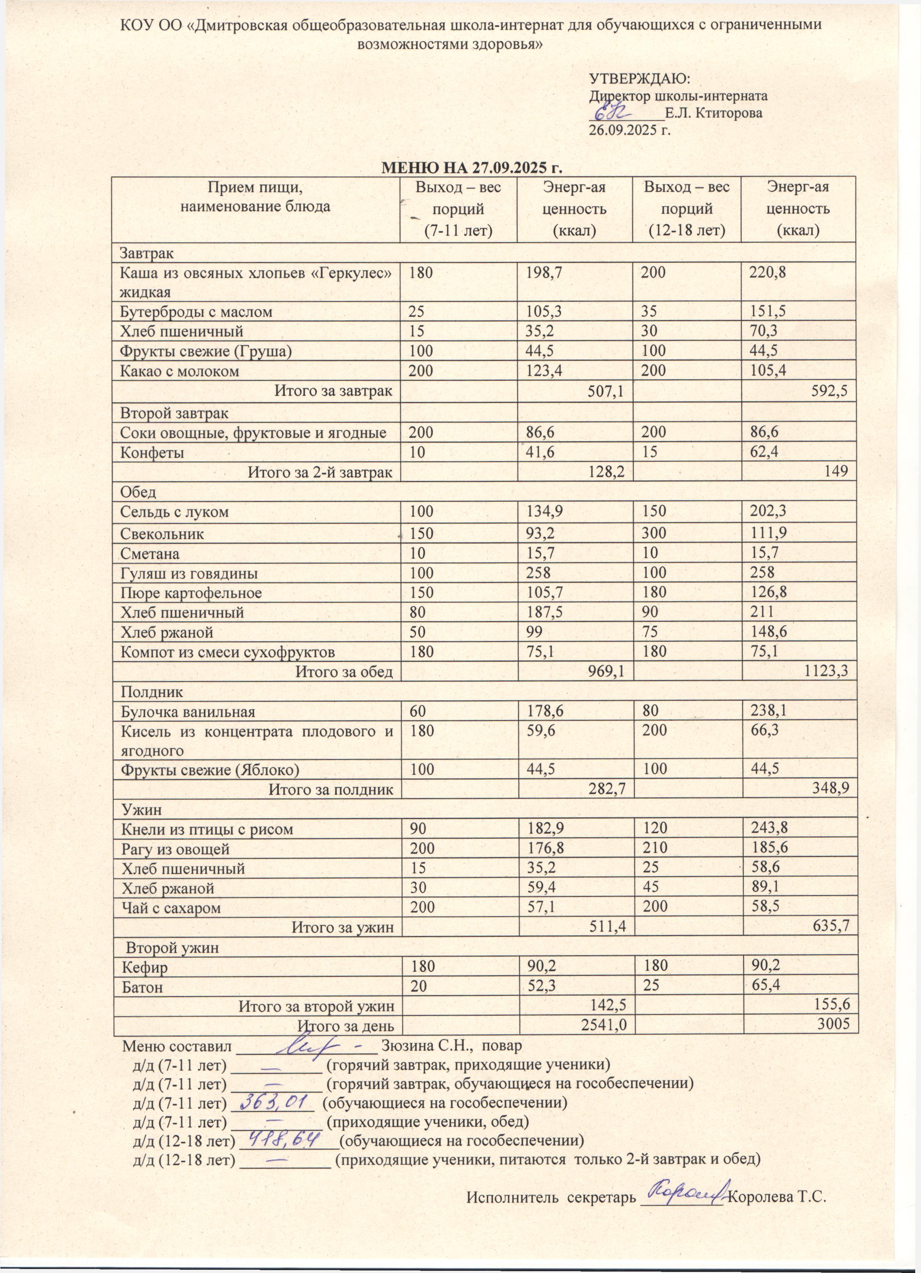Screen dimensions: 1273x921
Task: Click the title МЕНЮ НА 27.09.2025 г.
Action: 472,168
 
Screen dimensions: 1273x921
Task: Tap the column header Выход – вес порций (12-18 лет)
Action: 686,208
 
